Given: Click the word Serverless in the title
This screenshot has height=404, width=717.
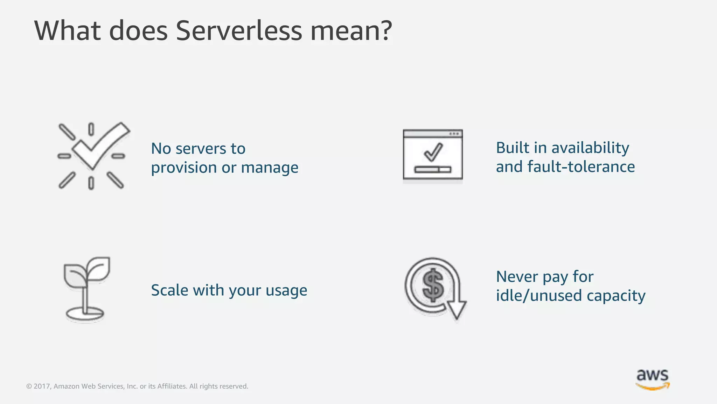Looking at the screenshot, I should (238, 31).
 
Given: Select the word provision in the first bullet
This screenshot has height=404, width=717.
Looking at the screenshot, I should (184, 168).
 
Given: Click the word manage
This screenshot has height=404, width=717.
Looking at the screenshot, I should (270, 168).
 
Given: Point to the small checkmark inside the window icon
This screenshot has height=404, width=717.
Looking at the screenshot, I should (433, 152).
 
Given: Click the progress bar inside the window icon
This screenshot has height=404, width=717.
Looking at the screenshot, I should (433, 170).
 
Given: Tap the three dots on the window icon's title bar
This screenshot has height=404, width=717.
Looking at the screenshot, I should (454, 134).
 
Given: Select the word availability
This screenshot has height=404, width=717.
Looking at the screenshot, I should (590, 148).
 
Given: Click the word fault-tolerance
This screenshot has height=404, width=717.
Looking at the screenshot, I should (581, 167).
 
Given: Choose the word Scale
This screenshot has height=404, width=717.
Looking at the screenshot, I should (170, 290).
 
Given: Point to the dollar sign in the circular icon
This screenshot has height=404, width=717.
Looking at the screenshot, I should (433, 285).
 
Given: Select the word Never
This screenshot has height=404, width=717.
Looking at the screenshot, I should (517, 277).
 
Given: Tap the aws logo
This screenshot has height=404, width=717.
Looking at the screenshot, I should (652, 379).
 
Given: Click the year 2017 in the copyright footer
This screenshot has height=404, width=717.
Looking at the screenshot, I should (41, 386).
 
